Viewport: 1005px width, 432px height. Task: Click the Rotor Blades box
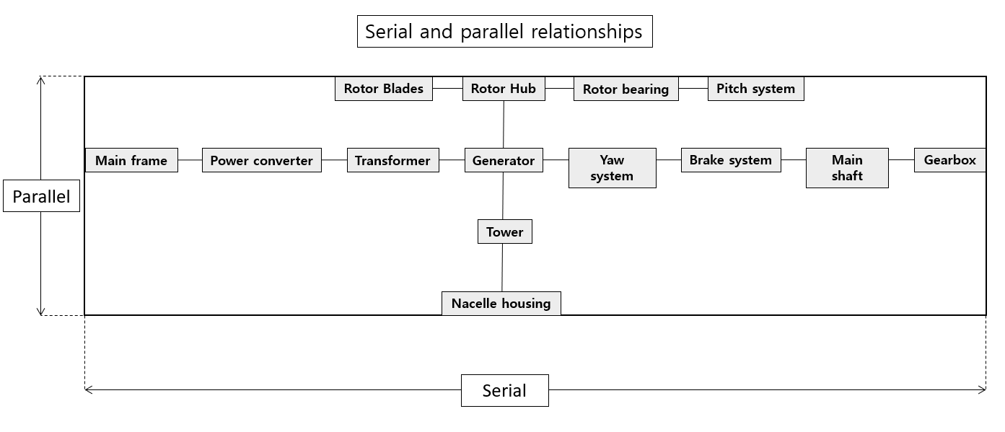[384, 89]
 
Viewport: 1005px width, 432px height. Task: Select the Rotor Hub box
[504, 89]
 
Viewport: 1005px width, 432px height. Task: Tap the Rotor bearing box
[626, 89]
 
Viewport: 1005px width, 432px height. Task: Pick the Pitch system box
[756, 89]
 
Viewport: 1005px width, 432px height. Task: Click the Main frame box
[131, 160]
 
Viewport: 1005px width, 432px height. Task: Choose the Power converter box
[262, 160]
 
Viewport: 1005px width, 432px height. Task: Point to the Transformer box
[393, 160]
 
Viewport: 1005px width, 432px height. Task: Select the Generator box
[504, 160]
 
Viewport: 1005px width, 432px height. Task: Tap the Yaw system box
[613, 168]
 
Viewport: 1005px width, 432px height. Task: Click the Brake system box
[731, 160]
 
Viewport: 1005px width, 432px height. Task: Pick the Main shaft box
[847, 168]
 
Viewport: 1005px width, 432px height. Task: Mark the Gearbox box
[950, 160]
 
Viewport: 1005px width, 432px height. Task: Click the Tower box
[505, 232]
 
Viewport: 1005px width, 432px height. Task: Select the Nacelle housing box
[501, 303]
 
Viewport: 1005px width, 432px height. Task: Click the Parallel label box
[41, 195]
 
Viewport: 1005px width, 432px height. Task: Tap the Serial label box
[505, 390]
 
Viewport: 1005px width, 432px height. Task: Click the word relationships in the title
[587, 32]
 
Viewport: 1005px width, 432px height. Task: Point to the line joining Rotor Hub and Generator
[504, 124]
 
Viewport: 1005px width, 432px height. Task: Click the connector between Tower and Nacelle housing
[502, 268]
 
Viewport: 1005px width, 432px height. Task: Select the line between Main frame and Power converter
[190, 159]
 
